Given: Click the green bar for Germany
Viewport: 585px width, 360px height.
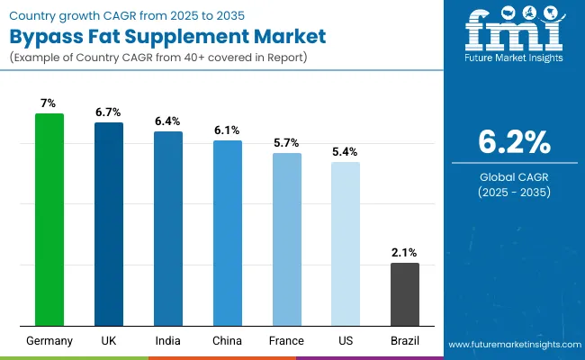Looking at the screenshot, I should pos(49,220).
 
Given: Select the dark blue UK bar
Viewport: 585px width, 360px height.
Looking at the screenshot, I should pos(109,224).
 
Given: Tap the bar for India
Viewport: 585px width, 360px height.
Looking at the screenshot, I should pos(168,229).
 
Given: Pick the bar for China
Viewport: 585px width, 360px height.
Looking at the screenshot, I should pos(228,233).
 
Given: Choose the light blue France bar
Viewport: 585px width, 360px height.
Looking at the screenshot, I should pos(287,239).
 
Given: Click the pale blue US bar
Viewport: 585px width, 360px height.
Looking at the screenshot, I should pos(346,244).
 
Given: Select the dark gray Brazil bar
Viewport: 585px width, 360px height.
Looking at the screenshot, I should pos(405,294).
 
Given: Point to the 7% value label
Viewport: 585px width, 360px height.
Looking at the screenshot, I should pos(49,103).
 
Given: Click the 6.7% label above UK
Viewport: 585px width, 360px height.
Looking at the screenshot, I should pos(109,112).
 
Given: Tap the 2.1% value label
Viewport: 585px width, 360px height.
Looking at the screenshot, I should pos(405,253).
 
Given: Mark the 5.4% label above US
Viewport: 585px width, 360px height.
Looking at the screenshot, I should pos(346,152).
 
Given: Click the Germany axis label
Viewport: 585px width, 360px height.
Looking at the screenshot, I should pos(49,341).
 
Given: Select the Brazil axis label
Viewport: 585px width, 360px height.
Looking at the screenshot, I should pos(405,341).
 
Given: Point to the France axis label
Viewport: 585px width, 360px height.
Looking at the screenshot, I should pos(287,341).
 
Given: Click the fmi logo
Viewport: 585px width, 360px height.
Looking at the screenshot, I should pos(513,34).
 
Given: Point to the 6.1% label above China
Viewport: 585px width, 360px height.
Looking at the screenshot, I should pos(228,130).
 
